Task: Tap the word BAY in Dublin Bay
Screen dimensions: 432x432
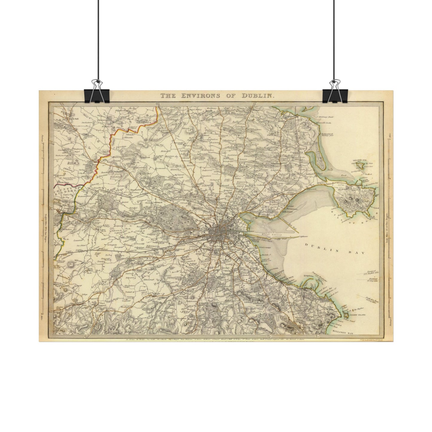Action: click(358, 253)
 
